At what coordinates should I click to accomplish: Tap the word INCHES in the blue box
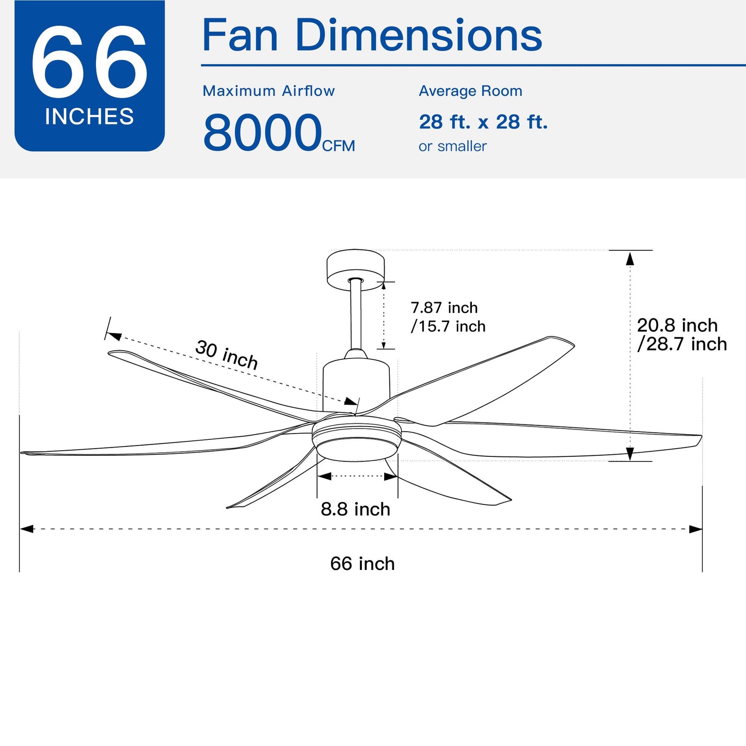point(89,117)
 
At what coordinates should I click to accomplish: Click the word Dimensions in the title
point(418,36)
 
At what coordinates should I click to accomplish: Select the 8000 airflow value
point(263,133)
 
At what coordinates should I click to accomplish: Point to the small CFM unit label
point(338,146)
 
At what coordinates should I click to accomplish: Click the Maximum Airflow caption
point(268,91)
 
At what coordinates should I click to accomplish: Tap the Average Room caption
point(471,91)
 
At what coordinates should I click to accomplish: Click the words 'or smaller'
point(453,146)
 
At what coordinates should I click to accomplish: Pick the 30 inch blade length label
point(227,355)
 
